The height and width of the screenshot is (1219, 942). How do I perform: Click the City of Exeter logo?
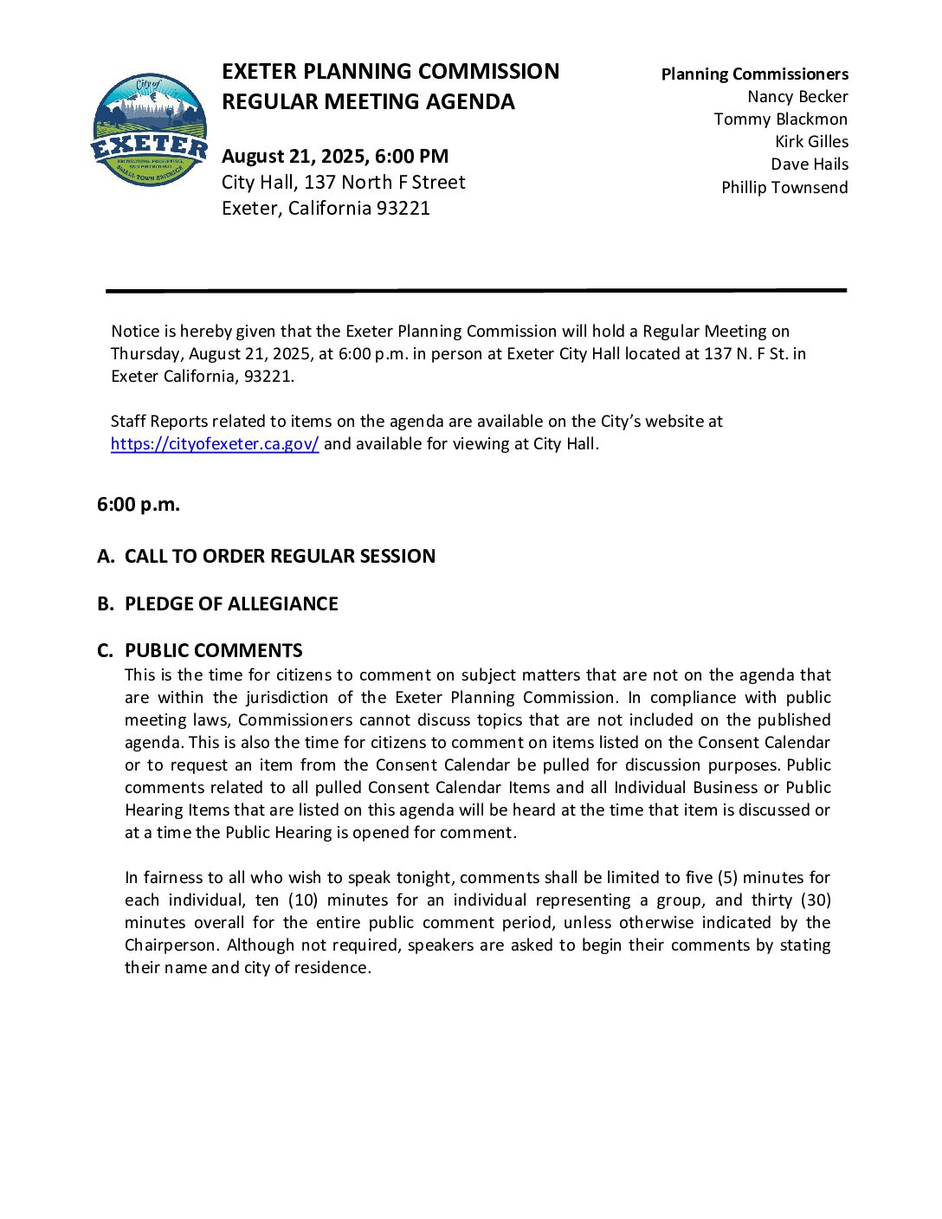tap(150, 130)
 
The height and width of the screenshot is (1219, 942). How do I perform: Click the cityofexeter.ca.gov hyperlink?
tap(215, 444)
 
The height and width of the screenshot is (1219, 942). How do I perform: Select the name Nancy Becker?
tap(797, 97)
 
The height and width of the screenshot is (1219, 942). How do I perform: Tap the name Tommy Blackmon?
tap(780, 119)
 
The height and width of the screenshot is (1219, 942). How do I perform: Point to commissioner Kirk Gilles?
tap(811, 142)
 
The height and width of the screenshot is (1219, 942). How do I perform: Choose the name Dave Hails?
tap(810, 164)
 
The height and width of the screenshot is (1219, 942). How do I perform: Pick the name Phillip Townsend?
tap(784, 188)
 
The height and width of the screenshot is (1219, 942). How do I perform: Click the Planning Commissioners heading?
tap(754, 74)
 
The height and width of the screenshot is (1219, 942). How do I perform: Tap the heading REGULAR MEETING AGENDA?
tap(368, 102)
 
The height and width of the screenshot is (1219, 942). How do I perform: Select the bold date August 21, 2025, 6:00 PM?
tap(335, 157)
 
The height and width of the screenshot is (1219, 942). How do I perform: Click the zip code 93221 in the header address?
tap(403, 209)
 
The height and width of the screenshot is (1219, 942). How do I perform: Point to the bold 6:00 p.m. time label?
tap(139, 505)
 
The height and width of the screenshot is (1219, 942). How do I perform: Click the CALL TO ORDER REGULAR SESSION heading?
tap(280, 557)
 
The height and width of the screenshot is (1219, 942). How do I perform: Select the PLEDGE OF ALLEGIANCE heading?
tap(231, 604)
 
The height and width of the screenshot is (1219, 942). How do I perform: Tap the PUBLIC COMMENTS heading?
tap(214, 651)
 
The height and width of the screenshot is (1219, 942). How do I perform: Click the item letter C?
tap(105, 651)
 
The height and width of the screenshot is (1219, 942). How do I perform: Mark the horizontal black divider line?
tap(476, 291)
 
